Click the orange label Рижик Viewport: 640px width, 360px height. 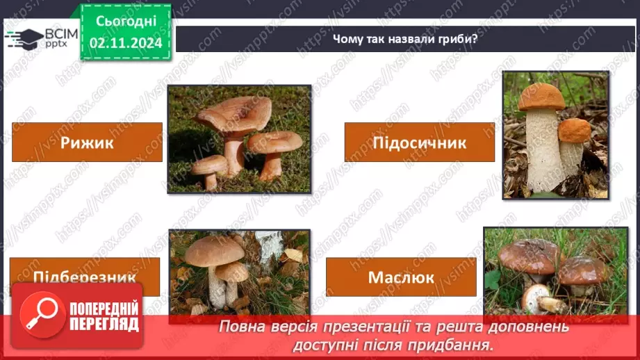tap(87, 142)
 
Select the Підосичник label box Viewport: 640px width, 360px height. tap(419, 142)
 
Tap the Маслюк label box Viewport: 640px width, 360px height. tap(401, 277)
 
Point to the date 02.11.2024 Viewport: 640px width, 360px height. tap(125, 42)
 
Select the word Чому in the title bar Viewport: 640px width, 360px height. tap(346, 39)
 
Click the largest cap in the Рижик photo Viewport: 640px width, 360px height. tap(233, 111)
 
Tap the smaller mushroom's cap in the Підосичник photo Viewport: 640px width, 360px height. tap(575, 130)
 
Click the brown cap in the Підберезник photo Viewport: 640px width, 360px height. tap(214, 250)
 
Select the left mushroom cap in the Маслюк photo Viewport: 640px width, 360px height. tap(527, 255)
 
